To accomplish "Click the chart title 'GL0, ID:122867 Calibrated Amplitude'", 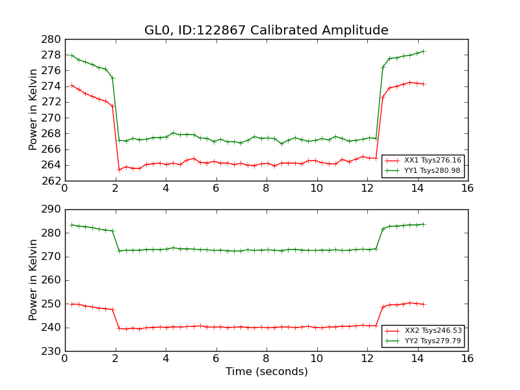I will pyautogui.click(x=266, y=31).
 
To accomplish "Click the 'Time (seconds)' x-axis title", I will pyautogui.click(x=266, y=372).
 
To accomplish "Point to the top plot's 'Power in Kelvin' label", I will pyautogui.click(x=34, y=110).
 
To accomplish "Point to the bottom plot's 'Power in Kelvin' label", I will pyautogui.click(x=34, y=280).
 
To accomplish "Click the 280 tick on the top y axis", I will pyautogui.click(x=53, y=39).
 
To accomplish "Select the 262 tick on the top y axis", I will pyautogui.click(x=53, y=181).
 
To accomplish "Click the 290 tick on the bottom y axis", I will pyautogui.click(x=53, y=209).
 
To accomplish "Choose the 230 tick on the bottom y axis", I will pyautogui.click(x=53, y=351).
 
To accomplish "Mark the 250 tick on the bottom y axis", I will pyautogui.click(x=53, y=304).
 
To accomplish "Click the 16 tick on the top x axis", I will pyautogui.click(x=467, y=188).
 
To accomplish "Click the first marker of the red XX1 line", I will pyautogui.click(x=72, y=85).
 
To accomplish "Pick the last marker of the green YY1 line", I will pyautogui.click(x=423, y=51).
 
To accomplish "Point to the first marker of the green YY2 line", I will pyautogui.click(x=72, y=225).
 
